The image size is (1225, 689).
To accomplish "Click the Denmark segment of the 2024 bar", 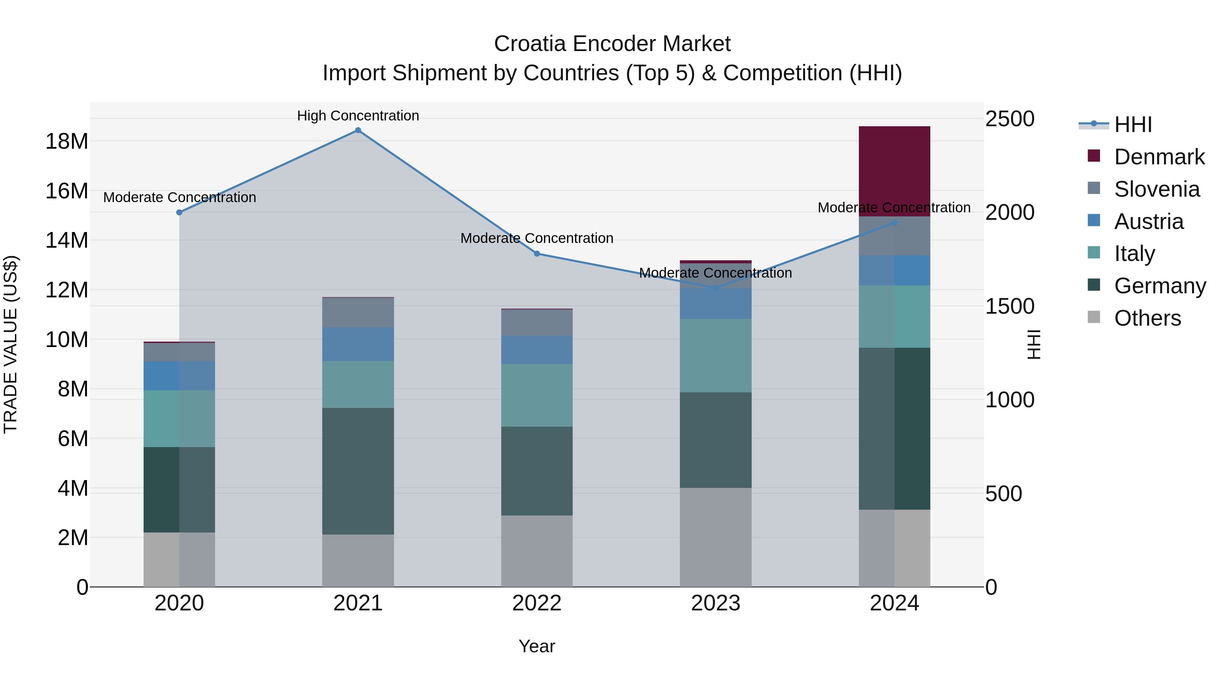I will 894,171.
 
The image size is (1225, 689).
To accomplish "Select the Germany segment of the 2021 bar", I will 358,471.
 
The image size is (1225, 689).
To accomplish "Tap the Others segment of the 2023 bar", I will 715,537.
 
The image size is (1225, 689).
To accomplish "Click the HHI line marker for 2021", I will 358,130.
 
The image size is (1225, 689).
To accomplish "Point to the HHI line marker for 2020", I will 179,213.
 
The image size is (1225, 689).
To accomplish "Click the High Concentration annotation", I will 358,116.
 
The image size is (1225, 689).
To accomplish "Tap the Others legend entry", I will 1147,318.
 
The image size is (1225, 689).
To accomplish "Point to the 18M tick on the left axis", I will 67,141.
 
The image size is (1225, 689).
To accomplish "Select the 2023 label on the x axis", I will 715,603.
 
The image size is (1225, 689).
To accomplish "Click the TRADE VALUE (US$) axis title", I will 11,344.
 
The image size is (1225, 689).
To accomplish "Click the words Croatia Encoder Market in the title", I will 612,44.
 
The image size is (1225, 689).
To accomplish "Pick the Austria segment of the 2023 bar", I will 715,304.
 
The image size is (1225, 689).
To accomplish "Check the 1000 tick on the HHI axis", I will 1009,400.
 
